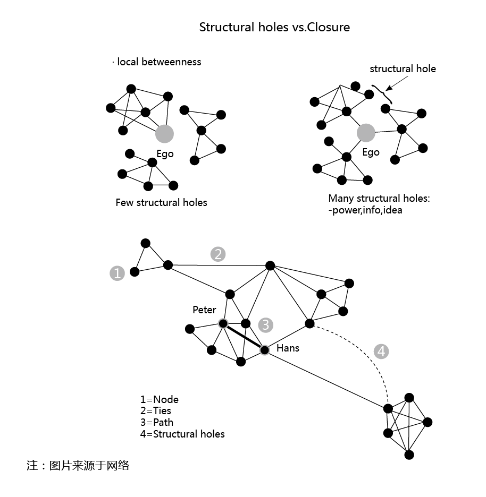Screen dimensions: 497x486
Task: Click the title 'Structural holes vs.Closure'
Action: click(274, 27)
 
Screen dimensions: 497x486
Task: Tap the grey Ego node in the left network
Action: click(165, 134)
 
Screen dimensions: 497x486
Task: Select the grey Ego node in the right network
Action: click(366, 133)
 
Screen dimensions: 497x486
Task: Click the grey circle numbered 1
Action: click(117, 273)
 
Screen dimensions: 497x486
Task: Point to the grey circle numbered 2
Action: click(217, 254)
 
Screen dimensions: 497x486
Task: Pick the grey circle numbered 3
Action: click(265, 324)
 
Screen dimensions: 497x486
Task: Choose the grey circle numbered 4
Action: click(381, 351)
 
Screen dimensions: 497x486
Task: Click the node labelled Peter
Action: click(223, 323)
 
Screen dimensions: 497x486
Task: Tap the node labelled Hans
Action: click(264, 349)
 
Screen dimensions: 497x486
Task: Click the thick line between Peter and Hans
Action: click(244, 337)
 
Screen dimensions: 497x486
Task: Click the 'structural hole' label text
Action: click(403, 68)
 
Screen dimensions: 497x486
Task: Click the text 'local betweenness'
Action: click(158, 62)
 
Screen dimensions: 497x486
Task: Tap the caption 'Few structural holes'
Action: click(161, 202)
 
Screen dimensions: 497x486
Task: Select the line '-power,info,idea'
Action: click(365, 210)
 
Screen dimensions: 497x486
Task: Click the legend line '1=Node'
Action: click(160, 399)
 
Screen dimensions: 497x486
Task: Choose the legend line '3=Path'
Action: click(157, 423)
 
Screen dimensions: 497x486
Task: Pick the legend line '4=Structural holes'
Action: click(182, 434)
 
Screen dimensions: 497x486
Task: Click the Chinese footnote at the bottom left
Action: click(78, 466)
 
